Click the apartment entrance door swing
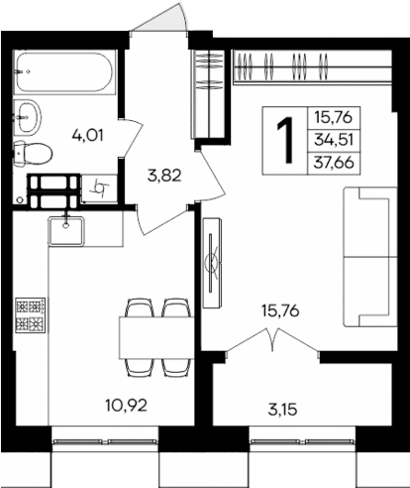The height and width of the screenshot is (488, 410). pyautogui.click(x=159, y=21)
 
